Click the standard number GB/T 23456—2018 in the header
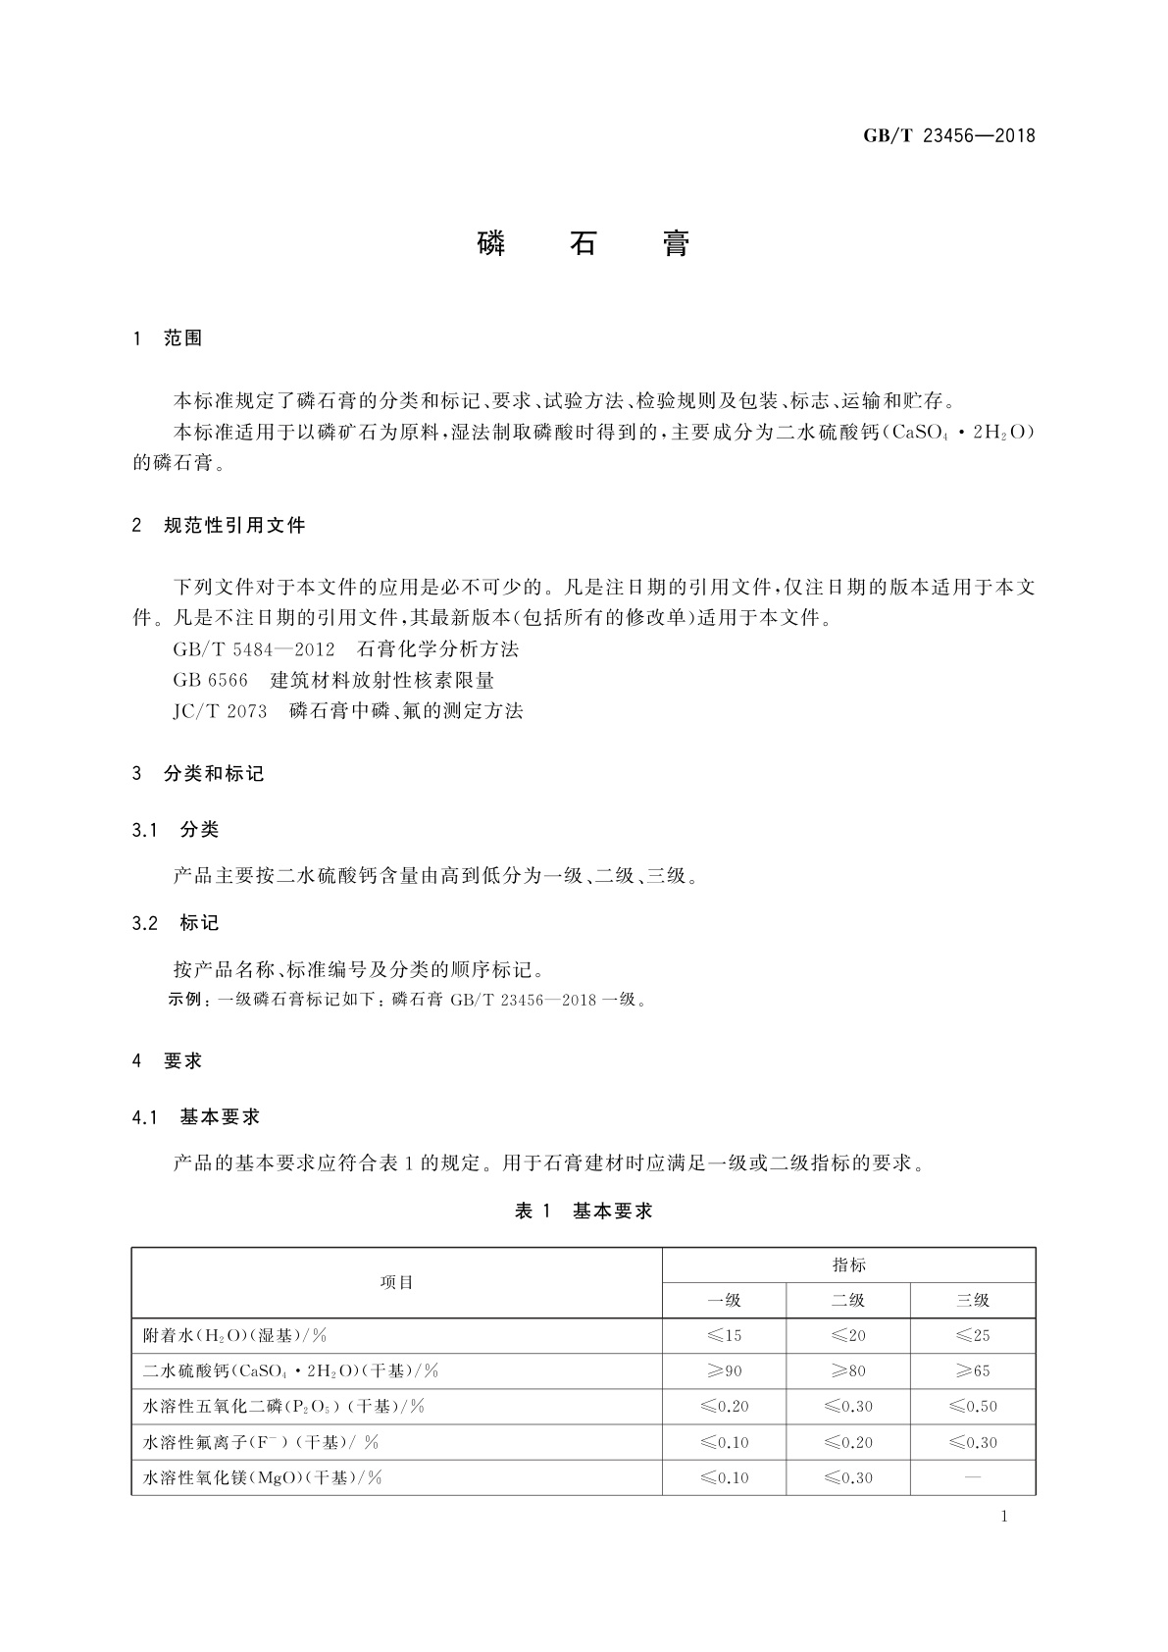coord(948,136)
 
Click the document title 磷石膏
coord(584,244)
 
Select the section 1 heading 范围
coord(182,338)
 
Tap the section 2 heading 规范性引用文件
coord(234,526)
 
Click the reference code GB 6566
coord(211,680)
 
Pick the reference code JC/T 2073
coord(221,711)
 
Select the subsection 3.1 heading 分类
coord(199,830)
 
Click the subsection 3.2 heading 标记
coord(199,923)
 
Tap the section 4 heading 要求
coord(182,1060)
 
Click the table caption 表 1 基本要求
coord(584,1212)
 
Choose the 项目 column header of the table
coord(396,1283)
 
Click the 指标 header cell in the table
coord(848,1265)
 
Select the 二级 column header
coord(848,1301)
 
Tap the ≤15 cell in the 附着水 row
coord(724,1336)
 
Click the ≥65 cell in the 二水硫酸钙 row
coord(973,1371)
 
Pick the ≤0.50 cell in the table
coord(973,1407)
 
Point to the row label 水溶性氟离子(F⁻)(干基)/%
coord(261,1442)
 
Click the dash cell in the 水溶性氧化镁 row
coord(973,1477)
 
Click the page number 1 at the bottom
coord(1004,1517)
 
